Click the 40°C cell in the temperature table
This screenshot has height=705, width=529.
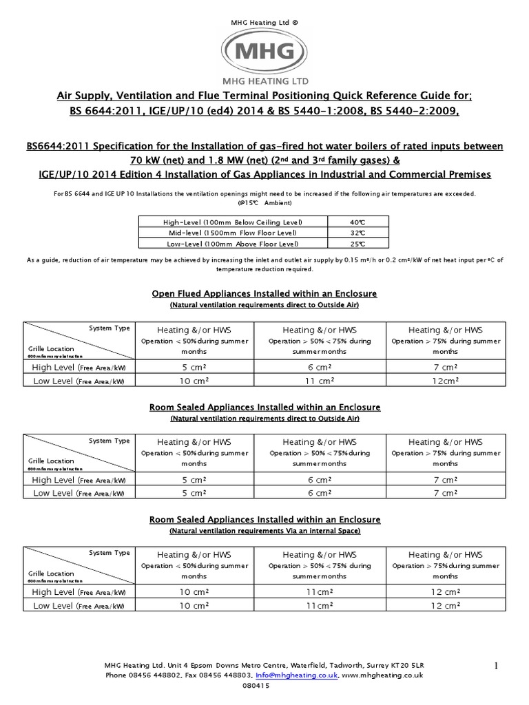pos(357,222)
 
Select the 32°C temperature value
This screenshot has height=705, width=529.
pos(357,233)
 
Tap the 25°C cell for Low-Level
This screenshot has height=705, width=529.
pos(357,244)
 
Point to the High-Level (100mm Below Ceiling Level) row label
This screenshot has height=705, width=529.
pos(233,222)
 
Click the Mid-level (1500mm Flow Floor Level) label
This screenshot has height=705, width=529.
pos(233,233)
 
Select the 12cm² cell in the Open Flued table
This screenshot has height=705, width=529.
pos(445,380)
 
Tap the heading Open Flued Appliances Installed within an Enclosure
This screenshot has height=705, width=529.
pos(264,294)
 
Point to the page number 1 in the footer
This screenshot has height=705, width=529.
pos(495,665)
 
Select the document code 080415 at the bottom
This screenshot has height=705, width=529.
pos(264,686)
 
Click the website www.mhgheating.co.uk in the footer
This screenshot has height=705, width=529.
pos(382,676)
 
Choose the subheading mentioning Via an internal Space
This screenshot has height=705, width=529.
pos(264,531)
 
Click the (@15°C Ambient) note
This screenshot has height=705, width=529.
pos(264,204)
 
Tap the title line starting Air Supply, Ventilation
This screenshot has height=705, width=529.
pos(264,96)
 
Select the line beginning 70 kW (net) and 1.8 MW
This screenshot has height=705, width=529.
pos(264,159)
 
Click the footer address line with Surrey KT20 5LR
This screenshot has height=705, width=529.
pos(264,666)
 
